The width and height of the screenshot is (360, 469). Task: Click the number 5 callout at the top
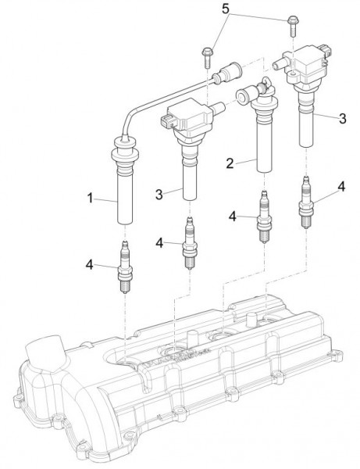226,9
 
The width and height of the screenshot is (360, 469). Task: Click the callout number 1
90,198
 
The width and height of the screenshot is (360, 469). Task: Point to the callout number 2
230,163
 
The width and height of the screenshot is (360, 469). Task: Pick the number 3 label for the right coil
342,119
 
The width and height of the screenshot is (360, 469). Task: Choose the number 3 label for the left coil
159,195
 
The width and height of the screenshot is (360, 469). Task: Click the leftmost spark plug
125,267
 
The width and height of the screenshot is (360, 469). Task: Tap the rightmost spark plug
305,202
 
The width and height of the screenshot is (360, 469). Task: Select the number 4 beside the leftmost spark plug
90,264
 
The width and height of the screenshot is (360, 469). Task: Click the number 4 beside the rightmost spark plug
341,187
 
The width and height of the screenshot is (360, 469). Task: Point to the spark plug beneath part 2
265,217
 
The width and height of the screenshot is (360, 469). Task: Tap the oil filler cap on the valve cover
45,353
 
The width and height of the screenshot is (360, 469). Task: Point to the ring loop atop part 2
266,82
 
